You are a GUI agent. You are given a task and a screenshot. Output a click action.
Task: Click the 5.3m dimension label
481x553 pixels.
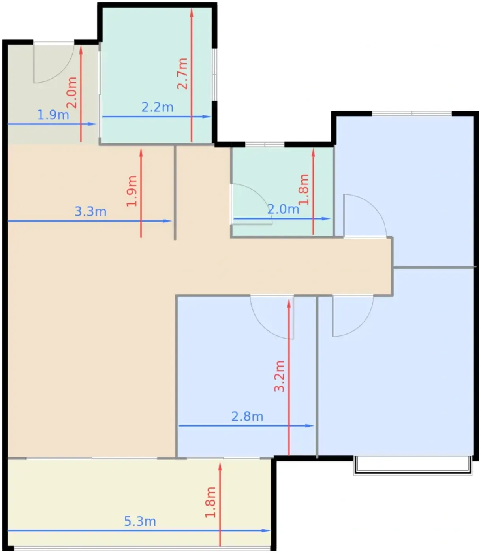click(x=140, y=521)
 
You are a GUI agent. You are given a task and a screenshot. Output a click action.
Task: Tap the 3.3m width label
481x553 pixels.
click(x=90, y=211)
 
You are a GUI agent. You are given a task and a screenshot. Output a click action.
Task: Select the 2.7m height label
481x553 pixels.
click(x=182, y=73)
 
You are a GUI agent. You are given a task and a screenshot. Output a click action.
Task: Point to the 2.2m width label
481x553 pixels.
click(x=157, y=107)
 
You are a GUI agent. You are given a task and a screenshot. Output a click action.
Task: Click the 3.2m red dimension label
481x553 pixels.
click(x=279, y=376)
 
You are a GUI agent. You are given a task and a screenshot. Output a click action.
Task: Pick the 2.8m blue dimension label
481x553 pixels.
click(x=247, y=416)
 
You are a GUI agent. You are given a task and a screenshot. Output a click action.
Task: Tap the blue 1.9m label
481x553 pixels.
click(x=53, y=115)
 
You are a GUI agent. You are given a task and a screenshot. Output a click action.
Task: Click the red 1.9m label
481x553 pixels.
click(x=132, y=191)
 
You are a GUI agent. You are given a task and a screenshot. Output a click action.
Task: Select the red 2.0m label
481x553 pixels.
click(x=71, y=93)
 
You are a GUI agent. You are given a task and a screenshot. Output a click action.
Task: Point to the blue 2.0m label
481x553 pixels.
click(x=283, y=209)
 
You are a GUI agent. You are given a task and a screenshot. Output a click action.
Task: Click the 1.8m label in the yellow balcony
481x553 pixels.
click(x=210, y=502)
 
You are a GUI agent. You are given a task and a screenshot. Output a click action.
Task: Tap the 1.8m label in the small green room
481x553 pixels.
click(x=303, y=190)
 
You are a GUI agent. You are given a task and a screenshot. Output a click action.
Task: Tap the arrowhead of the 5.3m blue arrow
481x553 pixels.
click(x=266, y=530)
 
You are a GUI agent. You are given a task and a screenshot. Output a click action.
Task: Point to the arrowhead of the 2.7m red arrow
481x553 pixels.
click(x=192, y=12)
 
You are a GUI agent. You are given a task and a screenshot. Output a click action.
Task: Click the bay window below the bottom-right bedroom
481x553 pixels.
click(x=413, y=465)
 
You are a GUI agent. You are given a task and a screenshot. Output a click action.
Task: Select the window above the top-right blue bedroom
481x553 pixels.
click(x=411, y=113)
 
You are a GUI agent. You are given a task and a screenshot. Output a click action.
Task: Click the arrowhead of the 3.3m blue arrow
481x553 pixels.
click(x=167, y=221)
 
